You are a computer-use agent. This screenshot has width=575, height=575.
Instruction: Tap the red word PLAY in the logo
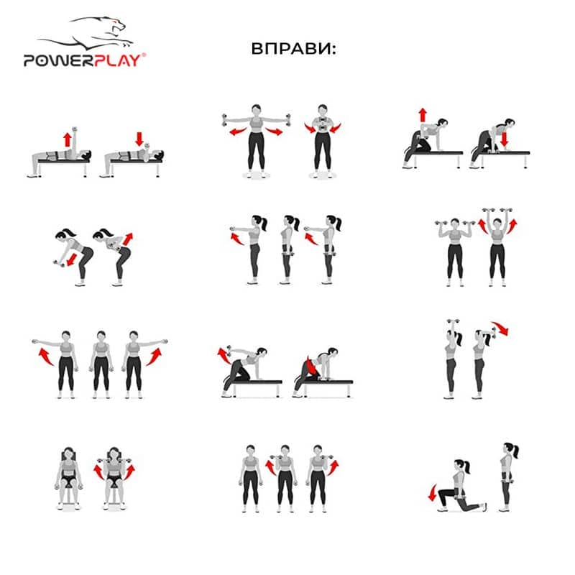pos(117,60)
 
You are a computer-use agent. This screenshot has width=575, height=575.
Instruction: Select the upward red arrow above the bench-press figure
pos(67,139)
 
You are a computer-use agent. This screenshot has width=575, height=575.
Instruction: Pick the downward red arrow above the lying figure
pos(139,139)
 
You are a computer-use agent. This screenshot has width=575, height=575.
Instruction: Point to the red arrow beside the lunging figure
pos(433,492)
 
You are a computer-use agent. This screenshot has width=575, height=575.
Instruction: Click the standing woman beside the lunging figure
pos(508,477)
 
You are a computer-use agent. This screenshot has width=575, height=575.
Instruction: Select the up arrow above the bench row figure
pos(423,115)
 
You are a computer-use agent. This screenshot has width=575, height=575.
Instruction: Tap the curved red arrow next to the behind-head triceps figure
pos(501,328)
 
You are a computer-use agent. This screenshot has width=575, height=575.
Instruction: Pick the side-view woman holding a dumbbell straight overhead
pos(452,359)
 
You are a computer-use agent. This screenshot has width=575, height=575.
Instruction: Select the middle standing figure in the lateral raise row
pos(101,364)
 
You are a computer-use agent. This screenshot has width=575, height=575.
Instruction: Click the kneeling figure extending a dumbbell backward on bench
pos(245,370)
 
